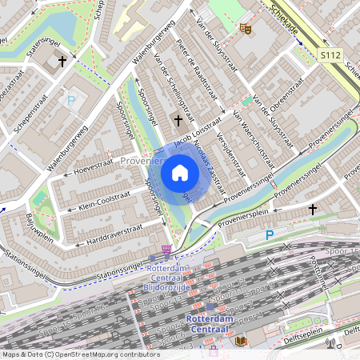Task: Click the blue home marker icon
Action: pyautogui.click(x=180, y=173)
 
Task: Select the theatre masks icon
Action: pyautogui.click(x=246, y=29)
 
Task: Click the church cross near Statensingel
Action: pyautogui.click(x=62, y=61)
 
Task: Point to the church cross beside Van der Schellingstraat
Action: pyautogui.click(x=178, y=121)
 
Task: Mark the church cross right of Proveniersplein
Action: pyautogui.click(x=313, y=209)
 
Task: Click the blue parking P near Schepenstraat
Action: pyautogui.click(x=71, y=101)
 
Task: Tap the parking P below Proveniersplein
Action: pyautogui.click(x=270, y=235)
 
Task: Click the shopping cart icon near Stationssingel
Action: pyautogui.click(x=166, y=250)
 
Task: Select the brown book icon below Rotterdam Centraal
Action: pyautogui.click(x=241, y=341)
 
